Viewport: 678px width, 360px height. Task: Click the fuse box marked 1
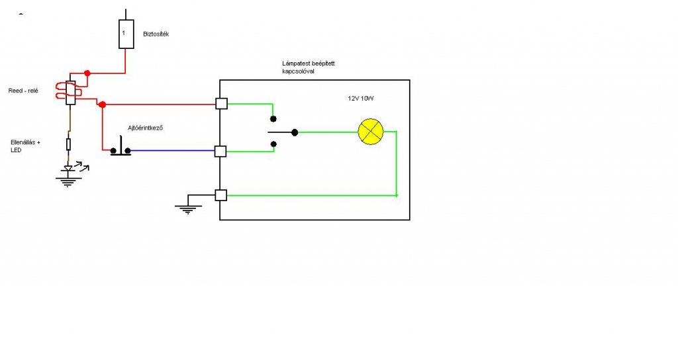pyautogui.click(x=126, y=34)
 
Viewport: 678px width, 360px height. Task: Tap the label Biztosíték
pyautogui.click(x=156, y=34)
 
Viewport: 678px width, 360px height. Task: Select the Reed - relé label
pyautogui.click(x=23, y=91)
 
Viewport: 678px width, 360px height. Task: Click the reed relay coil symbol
pyautogui.click(x=70, y=92)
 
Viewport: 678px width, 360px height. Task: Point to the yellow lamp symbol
pyautogui.click(x=370, y=132)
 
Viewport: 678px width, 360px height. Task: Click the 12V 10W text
pyautogui.click(x=362, y=98)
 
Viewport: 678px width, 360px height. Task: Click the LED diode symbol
pyautogui.click(x=68, y=169)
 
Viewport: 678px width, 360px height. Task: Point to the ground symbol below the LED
pyautogui.click(x=67, y=180)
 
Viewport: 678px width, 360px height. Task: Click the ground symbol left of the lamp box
pyautogui.click(x=187, y=208)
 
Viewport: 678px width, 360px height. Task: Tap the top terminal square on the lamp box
pyautogui.click(x=221, y=104)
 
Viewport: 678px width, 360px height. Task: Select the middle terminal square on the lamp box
pyautogui.click(x=221, y=152)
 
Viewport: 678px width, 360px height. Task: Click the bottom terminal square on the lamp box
pyautogui.click(x=221, y=195)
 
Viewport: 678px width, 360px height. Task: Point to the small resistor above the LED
pyautogui.click(x=68, y=144)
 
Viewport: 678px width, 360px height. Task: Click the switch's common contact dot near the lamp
pyautogui.click(x=295, y=132)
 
